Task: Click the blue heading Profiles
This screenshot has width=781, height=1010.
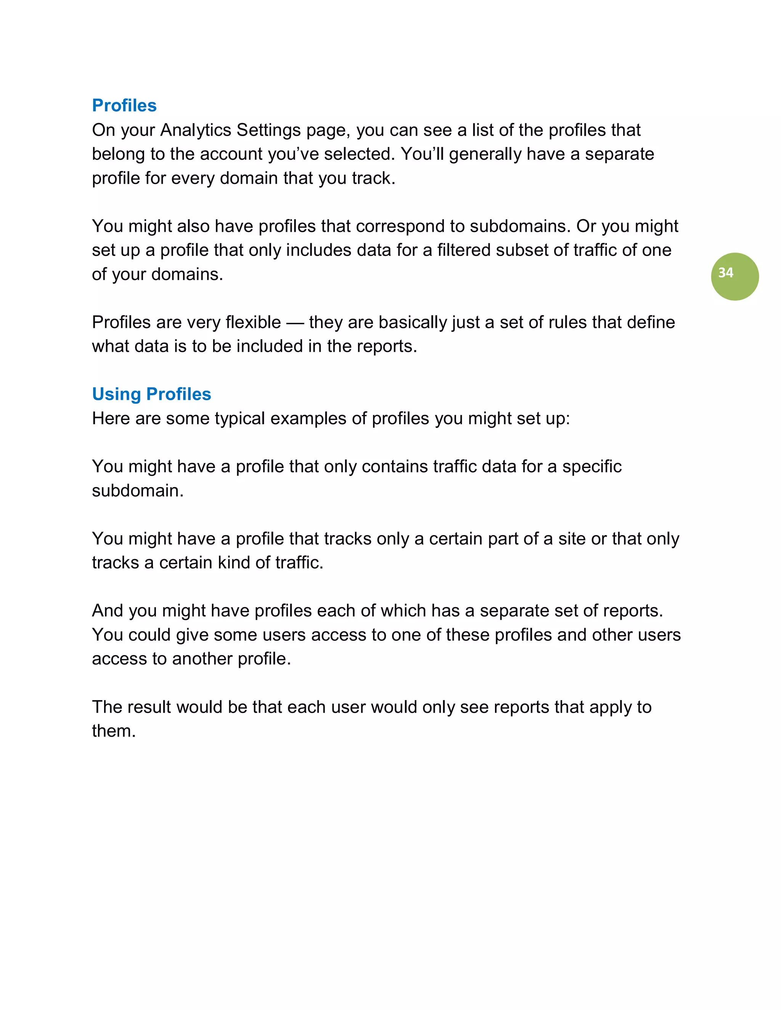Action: coord(124,106)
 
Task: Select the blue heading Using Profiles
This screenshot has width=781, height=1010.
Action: coord(151,394)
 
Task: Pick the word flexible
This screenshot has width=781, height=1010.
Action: coord(253,322)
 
